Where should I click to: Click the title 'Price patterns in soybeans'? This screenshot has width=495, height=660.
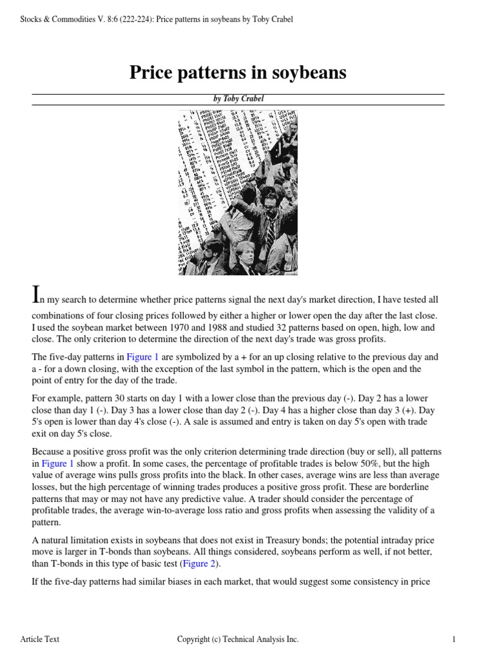tap(238, 73)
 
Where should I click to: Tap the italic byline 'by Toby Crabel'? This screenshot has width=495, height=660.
tap(238, 99)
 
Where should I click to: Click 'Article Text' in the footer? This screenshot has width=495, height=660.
tap(40, 639)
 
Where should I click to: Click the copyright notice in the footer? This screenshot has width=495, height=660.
tap(238, 639)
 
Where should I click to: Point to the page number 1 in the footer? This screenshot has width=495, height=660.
tap(454, 639)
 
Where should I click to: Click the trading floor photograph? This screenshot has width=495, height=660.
tap(238, 193)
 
